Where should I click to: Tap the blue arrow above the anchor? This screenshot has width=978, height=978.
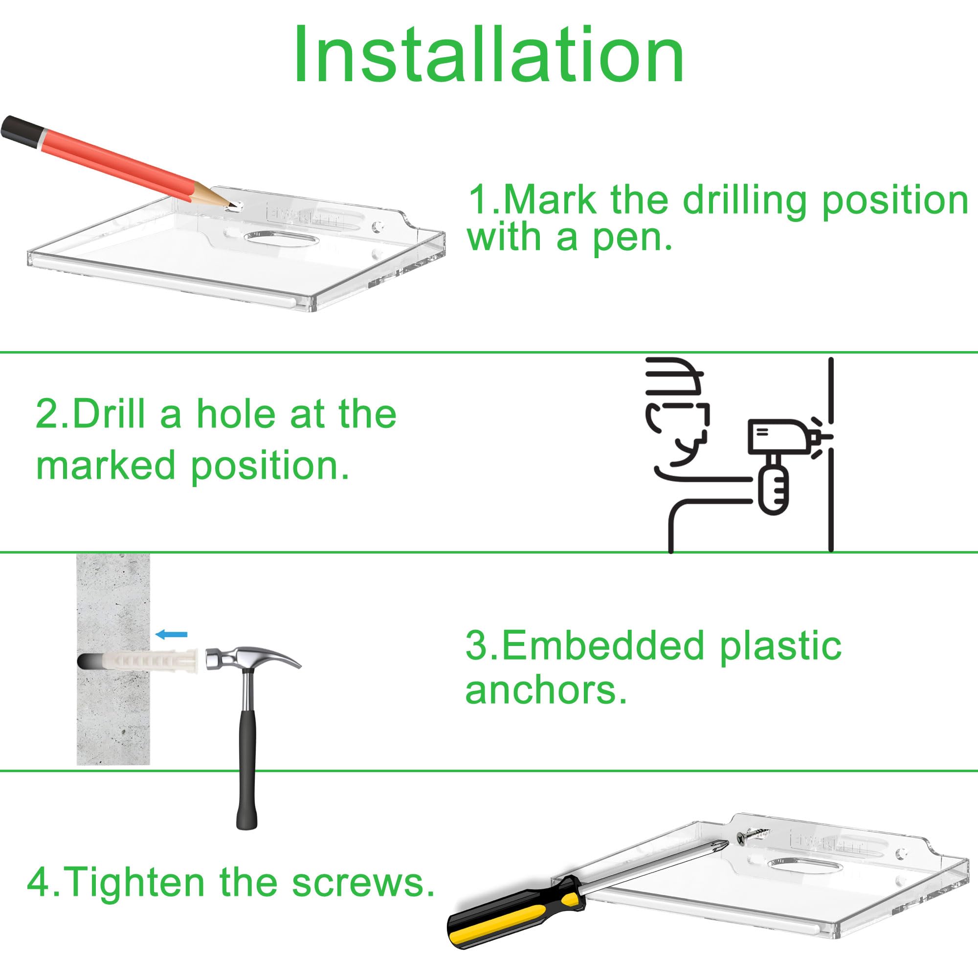pos(172,634)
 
